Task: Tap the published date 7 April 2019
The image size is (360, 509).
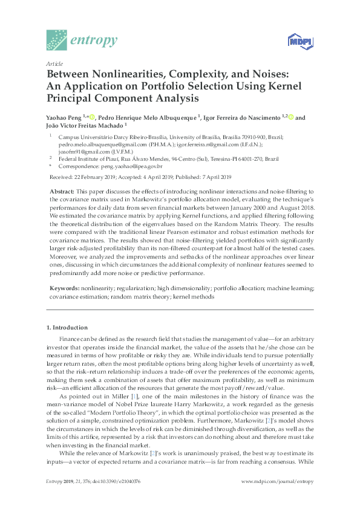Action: tap(213, 177)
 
